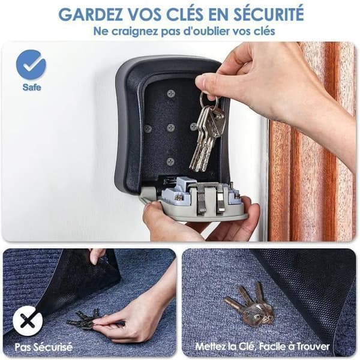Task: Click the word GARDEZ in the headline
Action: (x=91, y=14)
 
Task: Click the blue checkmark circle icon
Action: (x=31, y=65)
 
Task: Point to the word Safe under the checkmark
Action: (x=32, y=87)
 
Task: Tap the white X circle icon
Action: (x=28, y=322)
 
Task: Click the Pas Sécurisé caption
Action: (x=44, y=347)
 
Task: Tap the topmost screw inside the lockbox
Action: (x=171, y=94)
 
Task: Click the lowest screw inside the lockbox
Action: (x=170, y=161)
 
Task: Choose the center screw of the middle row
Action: (x=171, y=127)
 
